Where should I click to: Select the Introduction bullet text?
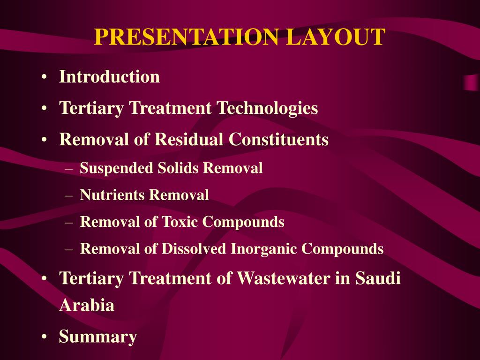(109, 77)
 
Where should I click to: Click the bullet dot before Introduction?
(44, 77)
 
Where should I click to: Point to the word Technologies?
(267, 109)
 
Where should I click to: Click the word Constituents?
(279, 140)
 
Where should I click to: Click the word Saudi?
(378, 278)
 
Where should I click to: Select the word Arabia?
(87, 306)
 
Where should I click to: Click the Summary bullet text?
(98, 337)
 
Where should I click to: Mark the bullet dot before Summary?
(44, 337)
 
